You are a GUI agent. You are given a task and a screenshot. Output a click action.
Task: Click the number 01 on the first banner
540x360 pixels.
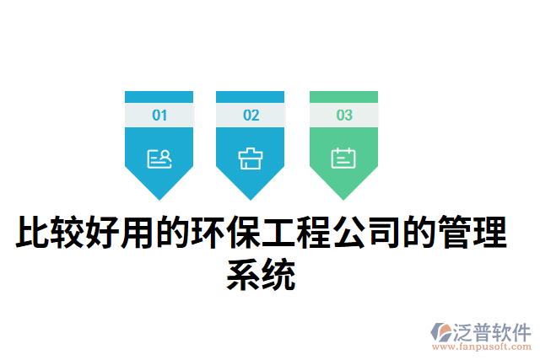[159, 116]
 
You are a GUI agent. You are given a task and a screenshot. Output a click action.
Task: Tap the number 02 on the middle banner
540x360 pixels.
[251, 116]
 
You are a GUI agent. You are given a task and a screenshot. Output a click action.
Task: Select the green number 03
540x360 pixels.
[344, 116]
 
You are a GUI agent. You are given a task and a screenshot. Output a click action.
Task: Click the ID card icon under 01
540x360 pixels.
[159, 158]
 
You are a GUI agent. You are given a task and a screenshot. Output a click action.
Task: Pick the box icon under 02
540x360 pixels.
[251, 158]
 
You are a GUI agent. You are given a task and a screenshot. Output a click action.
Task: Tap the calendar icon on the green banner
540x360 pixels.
[344, 158]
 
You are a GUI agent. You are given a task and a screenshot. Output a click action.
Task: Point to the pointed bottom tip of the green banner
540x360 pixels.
[344, 197]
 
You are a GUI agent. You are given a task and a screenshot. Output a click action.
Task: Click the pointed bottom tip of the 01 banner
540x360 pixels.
[159, 197]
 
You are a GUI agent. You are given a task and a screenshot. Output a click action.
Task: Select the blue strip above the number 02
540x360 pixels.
[251, 97]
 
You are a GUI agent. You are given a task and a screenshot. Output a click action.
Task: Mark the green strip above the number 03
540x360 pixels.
[344, 97]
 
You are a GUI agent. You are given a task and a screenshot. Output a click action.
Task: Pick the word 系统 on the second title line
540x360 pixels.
[262, 276]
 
